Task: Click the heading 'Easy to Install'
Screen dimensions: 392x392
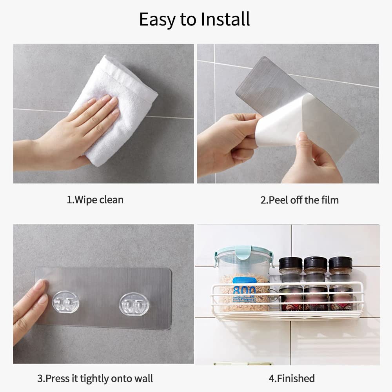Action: click(x=194, y=20)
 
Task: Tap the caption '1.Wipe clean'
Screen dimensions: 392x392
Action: click(x=95, y=200)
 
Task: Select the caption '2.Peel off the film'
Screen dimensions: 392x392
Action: click(x=299, y=200)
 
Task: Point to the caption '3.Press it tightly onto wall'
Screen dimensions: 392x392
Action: click(x=95, y=379)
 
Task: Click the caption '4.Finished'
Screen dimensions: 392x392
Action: click(x=292, y=378)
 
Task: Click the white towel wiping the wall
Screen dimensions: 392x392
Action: click(x=118, y=107)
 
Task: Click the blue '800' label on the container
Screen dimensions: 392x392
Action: click(x=245, y=290)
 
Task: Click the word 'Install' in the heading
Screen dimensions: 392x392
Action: click(x=225, y=20)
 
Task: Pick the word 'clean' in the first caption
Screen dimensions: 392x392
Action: click(x=111, y=200)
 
